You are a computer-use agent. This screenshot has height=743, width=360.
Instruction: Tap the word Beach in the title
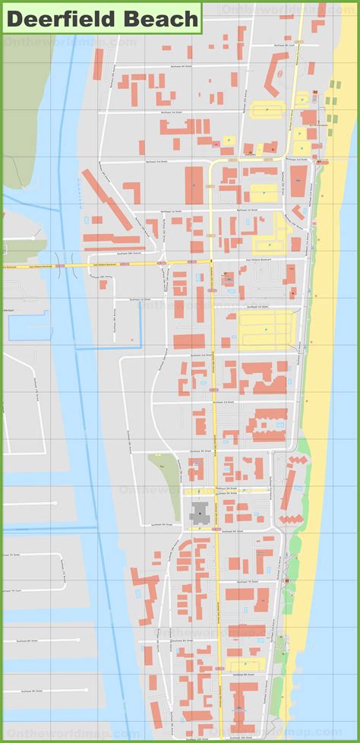[162, 18]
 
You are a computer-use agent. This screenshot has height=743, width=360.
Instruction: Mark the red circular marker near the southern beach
[287, 581]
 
